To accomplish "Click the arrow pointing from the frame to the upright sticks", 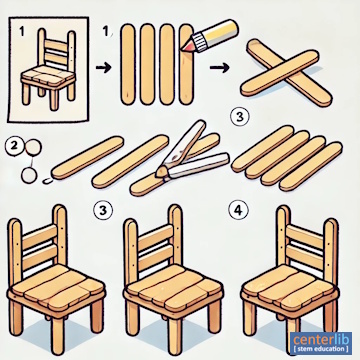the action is tap(104, 68).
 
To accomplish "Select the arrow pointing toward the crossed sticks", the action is tap(220, 68).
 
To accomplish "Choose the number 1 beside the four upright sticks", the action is tap(105, 33).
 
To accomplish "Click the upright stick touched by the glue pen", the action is tap(186, 65).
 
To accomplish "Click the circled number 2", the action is tap(12, 147).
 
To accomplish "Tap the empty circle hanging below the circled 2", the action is tap(28, 175).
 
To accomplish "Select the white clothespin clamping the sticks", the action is tap(192, 152).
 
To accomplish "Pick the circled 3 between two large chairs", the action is tap(102, 210).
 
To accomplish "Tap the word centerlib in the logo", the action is tap(321, 340).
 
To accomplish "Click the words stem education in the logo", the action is tap(321, 349).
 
